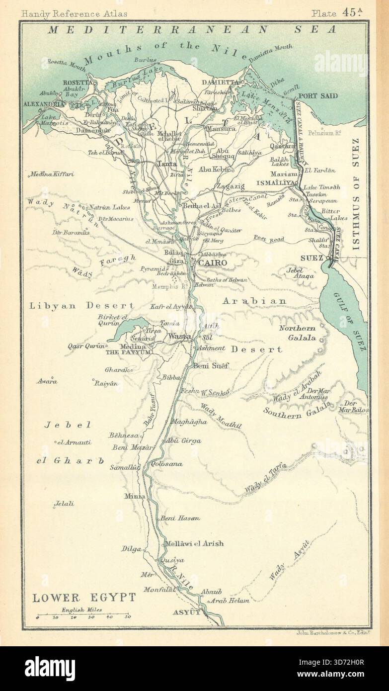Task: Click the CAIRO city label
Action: coord(213,262)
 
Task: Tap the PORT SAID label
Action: coord(318,96)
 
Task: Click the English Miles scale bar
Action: coord(82,616)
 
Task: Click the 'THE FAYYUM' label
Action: coord(127,353)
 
